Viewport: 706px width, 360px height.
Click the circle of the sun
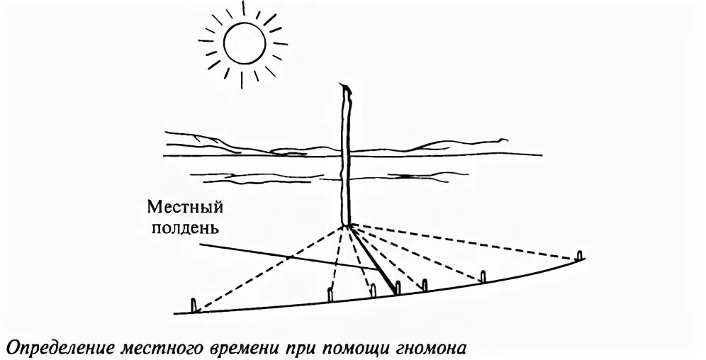pyautogui.click(x=245, y=42)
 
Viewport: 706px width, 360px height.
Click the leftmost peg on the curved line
pyautogui.click(x=195, y=305)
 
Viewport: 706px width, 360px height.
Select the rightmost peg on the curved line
pyautogui.click(x=580, y=256)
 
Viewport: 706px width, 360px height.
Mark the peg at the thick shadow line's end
pyautogui.click(x=398, y=288)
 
